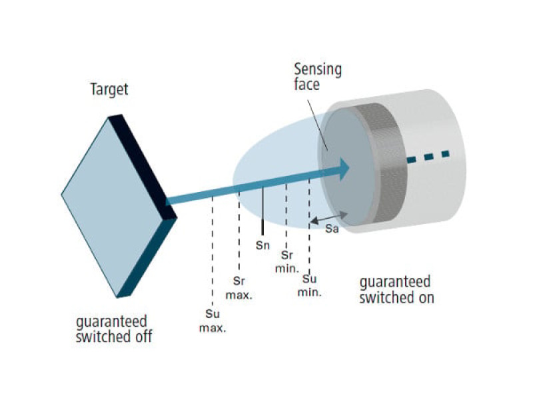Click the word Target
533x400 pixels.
(x=109, y=89)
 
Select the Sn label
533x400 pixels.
(x=263, y=245)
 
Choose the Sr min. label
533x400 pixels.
(x=286, y=261)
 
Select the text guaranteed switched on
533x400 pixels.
(x=396, y=289)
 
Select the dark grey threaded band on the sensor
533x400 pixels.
(x=390, y=163)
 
